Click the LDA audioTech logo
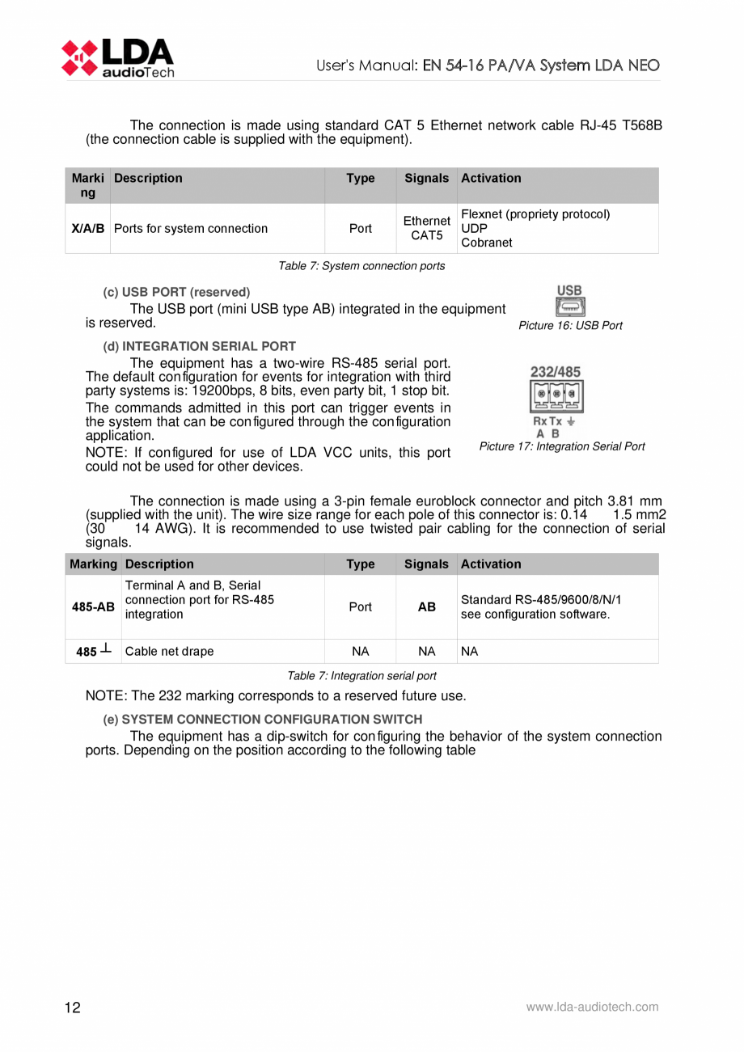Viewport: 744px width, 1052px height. click(x=116, y=57)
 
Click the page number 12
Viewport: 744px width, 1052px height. click(x=73, y=1008)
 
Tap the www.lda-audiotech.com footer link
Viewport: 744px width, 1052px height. click(x=592, y=1008)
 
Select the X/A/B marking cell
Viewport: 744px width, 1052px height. click(x=87, y=228)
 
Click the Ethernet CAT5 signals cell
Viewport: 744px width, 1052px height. click(x=426, y=228)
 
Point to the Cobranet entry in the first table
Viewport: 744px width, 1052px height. click(x=482, y=243)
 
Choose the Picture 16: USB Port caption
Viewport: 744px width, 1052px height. click(x=570, y=326)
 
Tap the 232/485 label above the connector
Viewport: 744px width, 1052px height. click(x=555, y=372)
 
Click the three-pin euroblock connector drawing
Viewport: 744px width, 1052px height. click(x=556, y=395)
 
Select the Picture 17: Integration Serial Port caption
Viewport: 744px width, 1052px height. click(x=562, y=446)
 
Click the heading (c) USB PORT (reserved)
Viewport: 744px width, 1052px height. click(x=176, y=292)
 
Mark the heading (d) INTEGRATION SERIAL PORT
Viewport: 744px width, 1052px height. click(x=199, y=346)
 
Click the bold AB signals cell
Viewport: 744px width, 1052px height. click(x=426, y=606)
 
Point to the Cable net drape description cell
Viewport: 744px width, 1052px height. click(x=169, y=651)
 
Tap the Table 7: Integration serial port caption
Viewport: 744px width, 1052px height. click(x=361, y=676)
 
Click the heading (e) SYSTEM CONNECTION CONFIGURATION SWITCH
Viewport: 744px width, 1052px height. click(x=262, y=719)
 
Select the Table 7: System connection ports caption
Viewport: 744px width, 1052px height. click(x=361, y=266)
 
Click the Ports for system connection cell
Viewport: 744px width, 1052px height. click(x=191, y=228)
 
